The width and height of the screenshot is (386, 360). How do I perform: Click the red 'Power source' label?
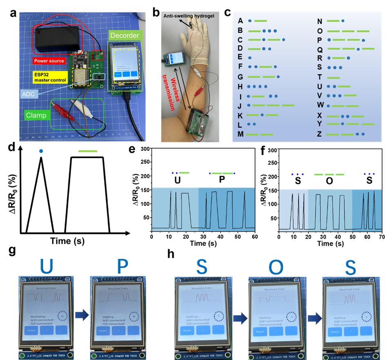pyautogui.click(x=49, y=61)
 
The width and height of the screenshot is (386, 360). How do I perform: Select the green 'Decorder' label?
pyautogui.click(x=124, y=36)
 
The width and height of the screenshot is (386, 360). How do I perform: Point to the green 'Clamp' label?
pyautogui.click(x=37, y=115)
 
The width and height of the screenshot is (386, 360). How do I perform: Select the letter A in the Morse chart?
pyautogui.click(x=240, y=21)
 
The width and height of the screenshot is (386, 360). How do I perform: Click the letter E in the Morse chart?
pyautogui.click(x=240, y=57)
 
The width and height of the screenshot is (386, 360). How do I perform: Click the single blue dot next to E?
pyautogui.click(x=250, y=58)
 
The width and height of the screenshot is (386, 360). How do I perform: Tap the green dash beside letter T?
pyautogui.click(x=333, y=78)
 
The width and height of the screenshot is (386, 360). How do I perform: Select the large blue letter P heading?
pyautogui.click(x=122, y=266)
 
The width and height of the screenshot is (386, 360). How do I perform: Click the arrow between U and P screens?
pyautogui.click(x=83, y=315)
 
